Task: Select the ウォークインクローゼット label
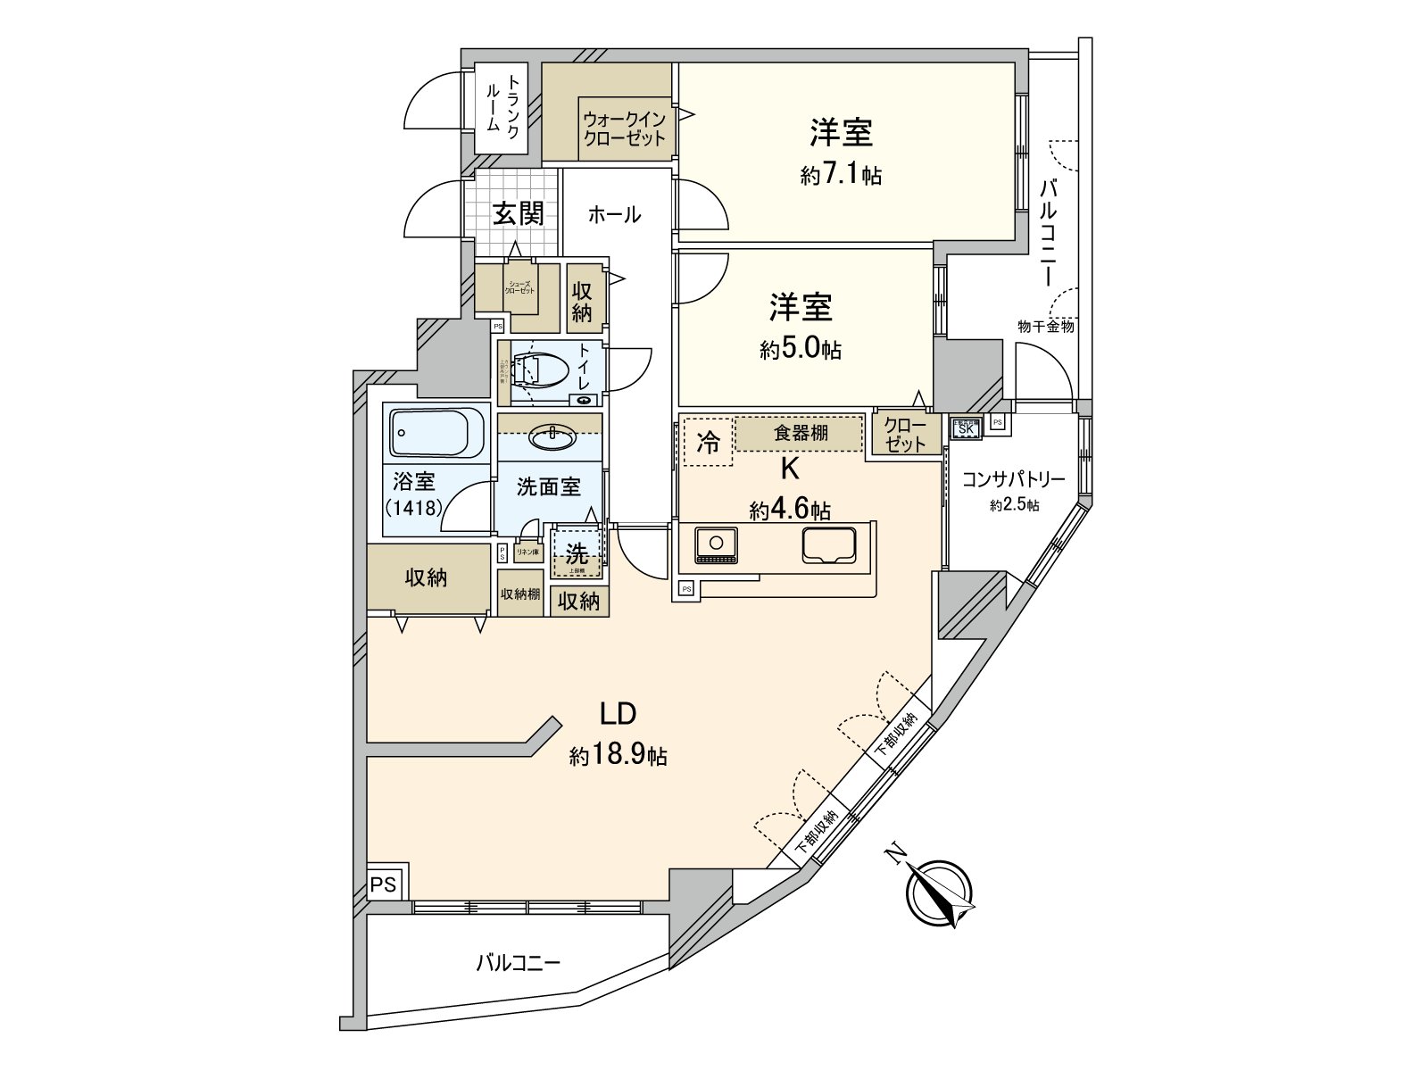coord(625,129)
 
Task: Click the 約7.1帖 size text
coord(841,175)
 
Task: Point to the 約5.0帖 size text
coord(801,349)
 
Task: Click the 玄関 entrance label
coord(519,213)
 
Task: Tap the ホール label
coord(614,214)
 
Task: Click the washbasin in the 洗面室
coord(552,437)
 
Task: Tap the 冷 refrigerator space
coord(708,442)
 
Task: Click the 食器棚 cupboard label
coord(800,433)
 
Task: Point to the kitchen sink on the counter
coord(829,545)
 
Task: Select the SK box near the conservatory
coord(966,428)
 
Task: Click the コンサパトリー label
coord(1013,479)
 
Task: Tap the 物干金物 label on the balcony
coord(1045,327)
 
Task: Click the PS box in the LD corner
coord(383,884)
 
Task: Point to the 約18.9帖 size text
coord(618,756)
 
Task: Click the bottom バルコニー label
coord(518,963)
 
